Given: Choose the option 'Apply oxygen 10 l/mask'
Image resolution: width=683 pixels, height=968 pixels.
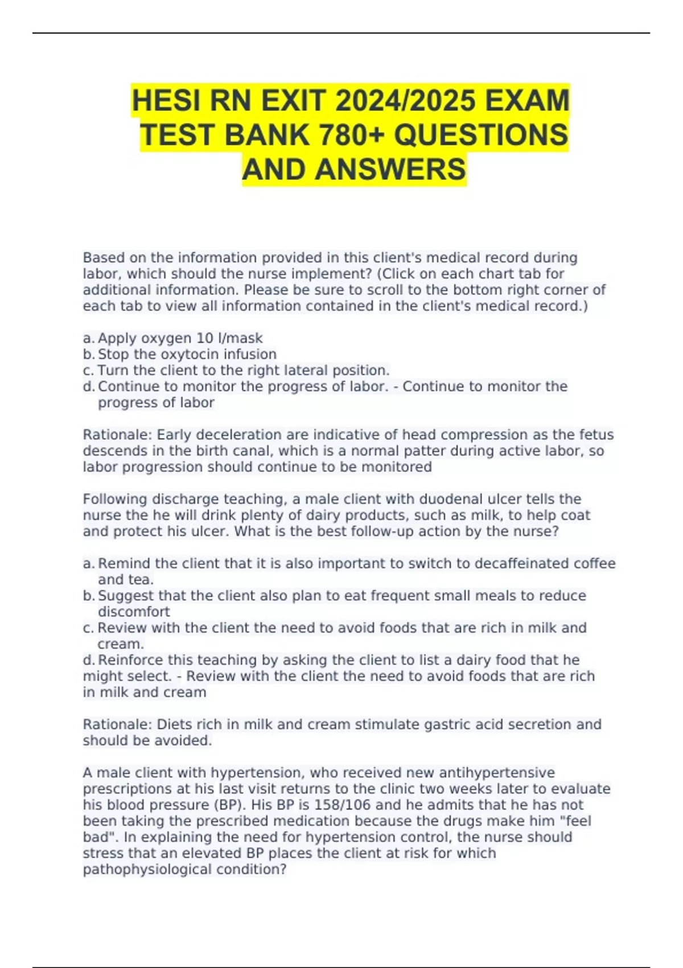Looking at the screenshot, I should coord(180,338).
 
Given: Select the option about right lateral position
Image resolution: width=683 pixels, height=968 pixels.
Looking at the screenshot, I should coord(243,370).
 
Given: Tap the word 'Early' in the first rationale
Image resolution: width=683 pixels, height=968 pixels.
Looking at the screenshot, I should coord(175,435).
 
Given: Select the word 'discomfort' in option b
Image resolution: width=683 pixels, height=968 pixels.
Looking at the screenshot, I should coord(134,612).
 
